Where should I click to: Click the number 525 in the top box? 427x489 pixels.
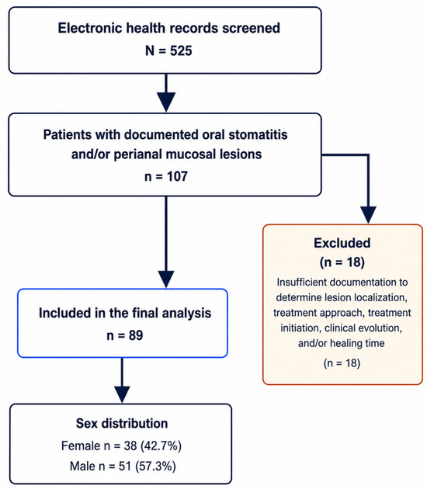coord(181,50)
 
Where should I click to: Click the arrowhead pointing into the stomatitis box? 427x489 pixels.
coord(166,102)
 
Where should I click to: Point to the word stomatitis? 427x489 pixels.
coord(258,135)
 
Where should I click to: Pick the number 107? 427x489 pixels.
coord(177,176)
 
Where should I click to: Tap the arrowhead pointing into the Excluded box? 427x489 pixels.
coord(368,215)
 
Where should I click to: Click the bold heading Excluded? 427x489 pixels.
coord(342,243)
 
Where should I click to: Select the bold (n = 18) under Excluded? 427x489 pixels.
coord(342,262)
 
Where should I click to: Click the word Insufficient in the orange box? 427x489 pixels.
coord(301,283)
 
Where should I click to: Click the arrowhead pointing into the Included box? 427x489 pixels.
coord(166,279)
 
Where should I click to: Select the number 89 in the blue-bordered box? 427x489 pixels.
coord(136,335)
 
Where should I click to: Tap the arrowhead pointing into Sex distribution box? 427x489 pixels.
coord(122,394)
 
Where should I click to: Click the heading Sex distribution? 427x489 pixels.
coord(122,424)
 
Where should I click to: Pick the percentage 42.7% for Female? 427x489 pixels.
coord(161,446)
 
